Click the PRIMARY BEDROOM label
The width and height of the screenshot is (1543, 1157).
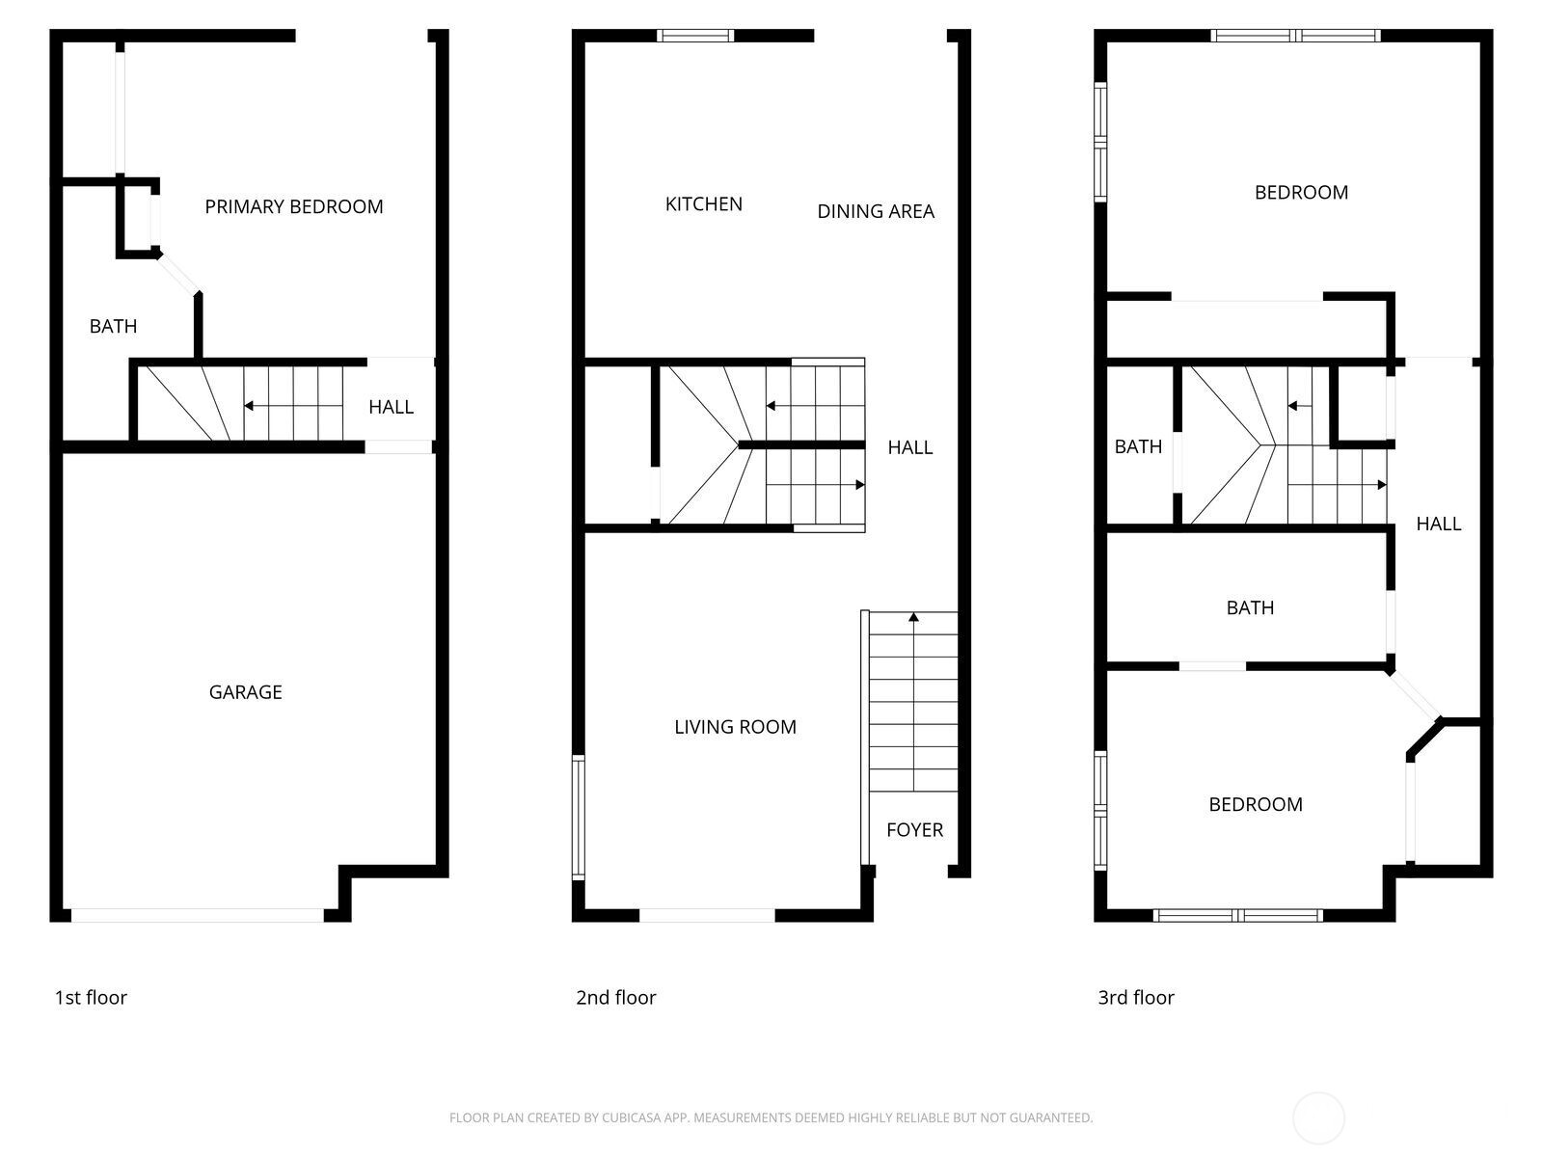click(x=294, y=206)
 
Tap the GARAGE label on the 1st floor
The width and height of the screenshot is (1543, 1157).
click(x=245, y=692)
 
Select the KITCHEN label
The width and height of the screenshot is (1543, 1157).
click(x=704, y=204)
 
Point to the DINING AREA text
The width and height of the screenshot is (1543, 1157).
click(x=876, y=211)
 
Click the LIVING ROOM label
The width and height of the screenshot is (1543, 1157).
click(x=735, y=727)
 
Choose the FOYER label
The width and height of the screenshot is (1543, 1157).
click(x=914, y=829)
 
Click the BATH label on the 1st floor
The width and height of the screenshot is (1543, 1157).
click(x=113, y=327)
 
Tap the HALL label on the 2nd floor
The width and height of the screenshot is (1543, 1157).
click(x=909, y=447)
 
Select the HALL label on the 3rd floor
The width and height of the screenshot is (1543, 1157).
click(x=1438, y=524)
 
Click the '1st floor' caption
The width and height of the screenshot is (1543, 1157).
click(x=91, y=997)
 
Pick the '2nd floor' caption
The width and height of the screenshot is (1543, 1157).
click(x=615, y=997)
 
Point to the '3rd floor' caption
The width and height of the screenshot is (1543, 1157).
click(x=1136, y=997)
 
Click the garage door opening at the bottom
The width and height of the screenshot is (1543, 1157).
click(x=198, y=915)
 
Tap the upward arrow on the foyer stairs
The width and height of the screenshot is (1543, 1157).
click(x=913, y=616)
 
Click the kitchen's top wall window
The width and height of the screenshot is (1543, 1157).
click(x=695, y=36)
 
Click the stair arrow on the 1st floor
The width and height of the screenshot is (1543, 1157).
click(x=250, y=406)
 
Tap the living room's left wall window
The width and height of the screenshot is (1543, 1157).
click(x=578, y=817)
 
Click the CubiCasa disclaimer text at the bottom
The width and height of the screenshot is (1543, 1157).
click(x=771, y=1117)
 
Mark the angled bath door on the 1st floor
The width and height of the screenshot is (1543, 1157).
click(x=179, y=272)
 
